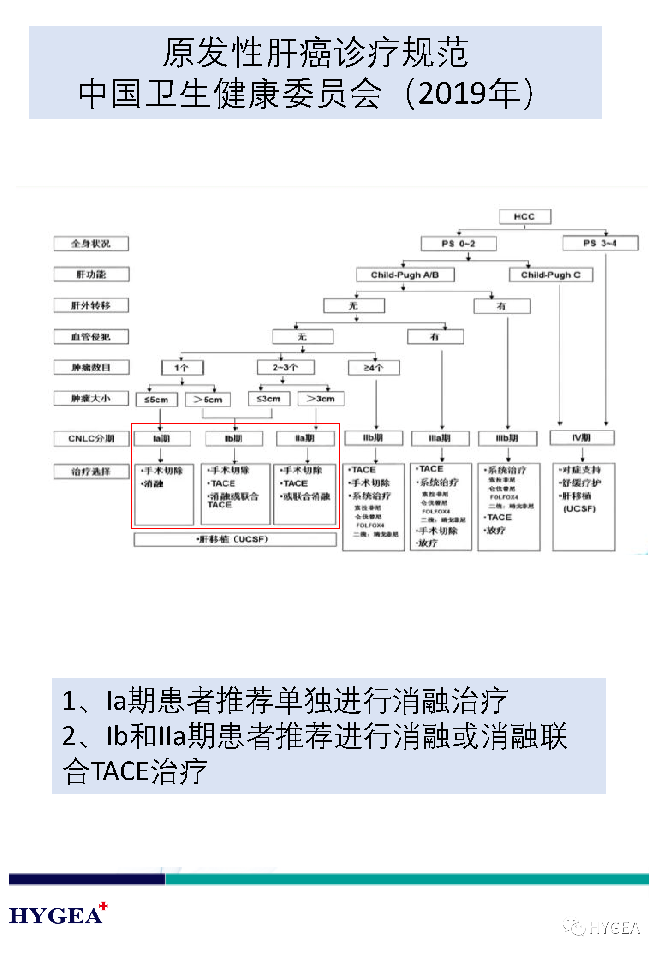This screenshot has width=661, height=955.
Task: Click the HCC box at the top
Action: point(525,216)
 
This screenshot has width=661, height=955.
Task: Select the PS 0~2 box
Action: point(459,243)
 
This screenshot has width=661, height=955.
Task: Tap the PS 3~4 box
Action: point(600,243)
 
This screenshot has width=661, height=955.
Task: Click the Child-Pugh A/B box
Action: point(405,275)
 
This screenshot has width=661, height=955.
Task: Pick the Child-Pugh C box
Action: point(551,275)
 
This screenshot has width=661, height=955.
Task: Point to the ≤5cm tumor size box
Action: point(156,399)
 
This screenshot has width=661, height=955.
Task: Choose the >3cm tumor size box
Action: point(321,399)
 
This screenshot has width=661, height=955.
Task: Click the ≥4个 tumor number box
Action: point(374,368)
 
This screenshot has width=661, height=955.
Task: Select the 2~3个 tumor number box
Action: point(286,367)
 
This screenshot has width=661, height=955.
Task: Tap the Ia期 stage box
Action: point(162,438)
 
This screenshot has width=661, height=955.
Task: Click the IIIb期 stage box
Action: point(507,438)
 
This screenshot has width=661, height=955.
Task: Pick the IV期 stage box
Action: point(582,437)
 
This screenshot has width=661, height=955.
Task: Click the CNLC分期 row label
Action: point(91,438)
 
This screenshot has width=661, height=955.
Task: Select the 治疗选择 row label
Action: point(91,472)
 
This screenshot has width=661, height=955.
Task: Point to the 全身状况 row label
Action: point(91,244)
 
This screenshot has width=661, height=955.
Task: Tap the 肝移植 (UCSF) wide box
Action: point(235,539)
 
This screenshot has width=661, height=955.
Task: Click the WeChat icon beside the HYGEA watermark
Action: point(574,927)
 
